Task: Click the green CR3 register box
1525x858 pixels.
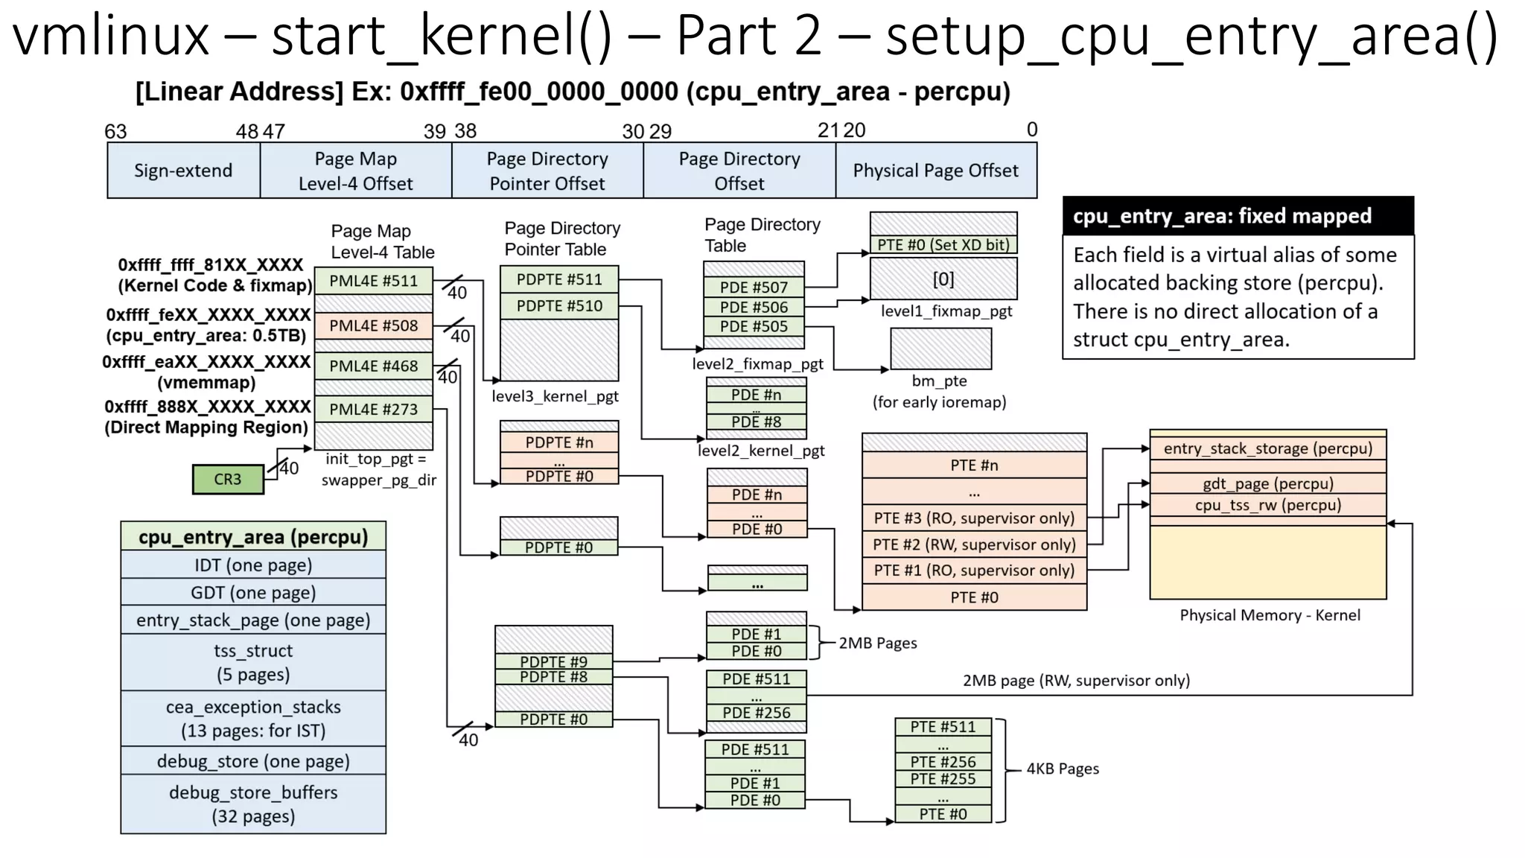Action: coord(228,479)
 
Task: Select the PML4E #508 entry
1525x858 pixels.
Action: coord(373,325)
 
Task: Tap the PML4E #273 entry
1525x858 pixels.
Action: coord(373,409)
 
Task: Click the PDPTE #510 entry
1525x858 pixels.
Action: coord(559,306)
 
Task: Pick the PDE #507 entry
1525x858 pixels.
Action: coord(754,287)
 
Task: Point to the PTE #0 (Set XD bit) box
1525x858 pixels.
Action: coord(943,245)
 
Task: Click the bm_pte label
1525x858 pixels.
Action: coord(939,381)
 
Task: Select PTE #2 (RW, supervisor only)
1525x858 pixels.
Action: coord(974,544)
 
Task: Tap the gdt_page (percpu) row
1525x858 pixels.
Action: coord(1267,483)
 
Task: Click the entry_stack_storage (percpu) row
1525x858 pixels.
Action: coord(1267,448)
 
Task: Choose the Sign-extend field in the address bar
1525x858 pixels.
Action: coord(183,171)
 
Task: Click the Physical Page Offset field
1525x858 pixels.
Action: coord(935,171)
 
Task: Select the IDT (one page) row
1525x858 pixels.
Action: coord(253,565)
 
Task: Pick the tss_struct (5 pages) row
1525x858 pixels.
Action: coord(253,662)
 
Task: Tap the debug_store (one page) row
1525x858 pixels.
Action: coord(253,761)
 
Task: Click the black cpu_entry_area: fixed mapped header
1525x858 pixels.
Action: coord(1238,216)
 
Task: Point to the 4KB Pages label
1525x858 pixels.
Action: coord(1063,769)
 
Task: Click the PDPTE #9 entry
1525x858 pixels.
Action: coord(553,661)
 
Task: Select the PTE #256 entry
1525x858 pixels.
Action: coord(943,762)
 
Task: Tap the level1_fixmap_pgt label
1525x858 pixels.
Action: coord(946,311)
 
